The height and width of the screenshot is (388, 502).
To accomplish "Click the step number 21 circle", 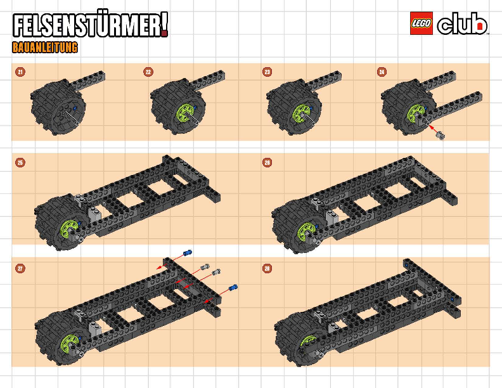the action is point(20,72).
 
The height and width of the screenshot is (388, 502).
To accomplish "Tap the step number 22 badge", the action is point(148,72).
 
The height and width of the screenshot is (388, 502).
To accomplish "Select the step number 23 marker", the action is point(267,72).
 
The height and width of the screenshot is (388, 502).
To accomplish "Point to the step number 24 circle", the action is point(382,72).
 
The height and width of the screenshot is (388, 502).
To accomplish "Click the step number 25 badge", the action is point(20,163).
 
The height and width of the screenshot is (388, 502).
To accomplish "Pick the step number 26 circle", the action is point(267,163).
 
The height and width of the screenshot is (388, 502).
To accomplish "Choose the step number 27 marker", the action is point(20,268).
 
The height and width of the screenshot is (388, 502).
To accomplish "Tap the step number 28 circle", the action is point(267,268).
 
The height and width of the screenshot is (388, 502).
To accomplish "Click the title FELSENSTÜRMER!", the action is point(90,25).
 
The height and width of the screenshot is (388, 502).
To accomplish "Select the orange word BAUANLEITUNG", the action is point(45,48).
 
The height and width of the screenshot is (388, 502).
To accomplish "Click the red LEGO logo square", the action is point(422,23).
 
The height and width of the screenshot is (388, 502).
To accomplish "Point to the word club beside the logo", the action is point(462,24).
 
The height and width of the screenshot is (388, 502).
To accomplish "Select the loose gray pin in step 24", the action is point(441,136).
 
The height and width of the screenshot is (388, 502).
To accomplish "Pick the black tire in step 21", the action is point(58,108).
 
